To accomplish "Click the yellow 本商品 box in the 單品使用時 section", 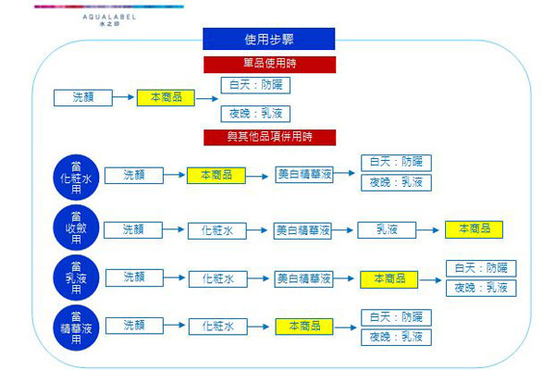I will coord(166,97).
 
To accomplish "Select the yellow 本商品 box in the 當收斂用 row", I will coord(468,228).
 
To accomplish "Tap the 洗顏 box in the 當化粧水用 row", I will coord(133,174).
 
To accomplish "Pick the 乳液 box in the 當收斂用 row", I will coord(386,228).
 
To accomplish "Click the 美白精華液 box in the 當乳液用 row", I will coord(302,277).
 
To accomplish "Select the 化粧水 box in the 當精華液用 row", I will coord(218,327).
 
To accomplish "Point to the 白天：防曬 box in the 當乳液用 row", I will coord(480,267).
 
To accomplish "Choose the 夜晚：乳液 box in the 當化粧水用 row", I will coord(396,182).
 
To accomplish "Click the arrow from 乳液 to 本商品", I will coord(429,229).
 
